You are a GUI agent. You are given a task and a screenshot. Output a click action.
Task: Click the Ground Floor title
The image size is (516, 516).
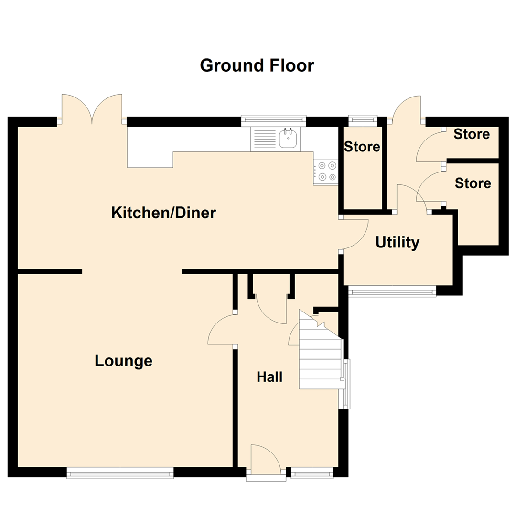click(x=257, y=65)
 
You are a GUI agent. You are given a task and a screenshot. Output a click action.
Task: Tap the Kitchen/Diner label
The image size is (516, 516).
click(x=163, y=213)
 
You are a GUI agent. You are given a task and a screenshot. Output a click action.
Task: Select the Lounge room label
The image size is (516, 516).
click(x=123, y=361)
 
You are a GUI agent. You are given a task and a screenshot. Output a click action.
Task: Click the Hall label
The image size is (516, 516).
click(x=269, y=377)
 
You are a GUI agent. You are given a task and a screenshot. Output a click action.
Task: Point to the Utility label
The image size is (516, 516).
click(x=398, y=243)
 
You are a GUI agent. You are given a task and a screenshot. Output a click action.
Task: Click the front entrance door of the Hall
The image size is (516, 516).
click(x=266, y=461)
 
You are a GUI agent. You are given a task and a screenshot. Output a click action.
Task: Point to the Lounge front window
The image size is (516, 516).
click(x=120, y=473)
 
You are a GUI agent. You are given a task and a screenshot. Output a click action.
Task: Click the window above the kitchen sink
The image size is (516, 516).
click(x=273, y=120)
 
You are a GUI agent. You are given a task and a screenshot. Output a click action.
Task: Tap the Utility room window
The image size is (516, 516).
click(x=392, y=291)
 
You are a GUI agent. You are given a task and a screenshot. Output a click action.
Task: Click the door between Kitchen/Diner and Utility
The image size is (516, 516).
click(x=354, y=234)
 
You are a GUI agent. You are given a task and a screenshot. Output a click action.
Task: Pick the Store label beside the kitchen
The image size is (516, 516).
click(x=362, y=147)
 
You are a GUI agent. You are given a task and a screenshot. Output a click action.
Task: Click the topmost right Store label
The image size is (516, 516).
click(x=472, y=134)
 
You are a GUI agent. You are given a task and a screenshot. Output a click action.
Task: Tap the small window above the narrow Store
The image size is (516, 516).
click(x=363, y=121)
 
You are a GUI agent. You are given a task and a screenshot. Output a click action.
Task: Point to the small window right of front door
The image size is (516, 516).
click(x=312, y=473)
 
